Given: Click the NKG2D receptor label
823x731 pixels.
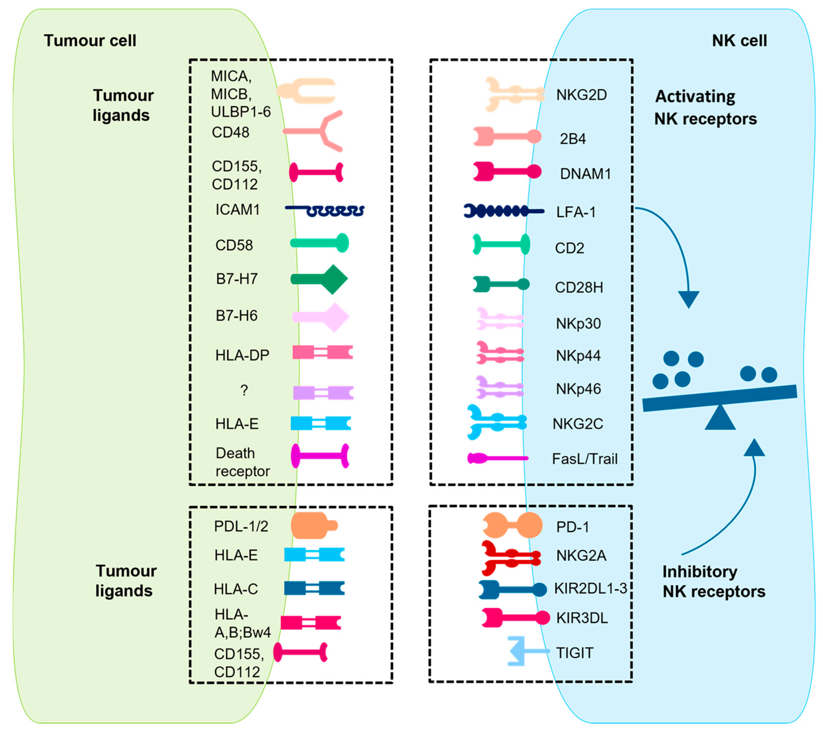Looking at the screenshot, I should tap(581, 95).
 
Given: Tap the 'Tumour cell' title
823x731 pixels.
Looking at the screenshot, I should tap(90, 41).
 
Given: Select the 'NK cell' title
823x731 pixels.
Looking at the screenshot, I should tap(739, 41).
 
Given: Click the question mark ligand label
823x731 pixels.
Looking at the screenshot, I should tap(244, 390).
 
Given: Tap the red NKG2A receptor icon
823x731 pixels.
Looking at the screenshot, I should tap(511, 558).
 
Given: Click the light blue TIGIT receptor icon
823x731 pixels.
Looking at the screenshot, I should tap(523, 651).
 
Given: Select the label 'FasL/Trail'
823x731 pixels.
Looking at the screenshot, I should tap(585, 459).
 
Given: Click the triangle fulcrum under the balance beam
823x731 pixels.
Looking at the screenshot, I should tap(720, 418).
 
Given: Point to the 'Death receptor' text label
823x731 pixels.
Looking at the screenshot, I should tap(242, 462).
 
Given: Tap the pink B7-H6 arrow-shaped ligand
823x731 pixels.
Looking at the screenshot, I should tap(321, 317).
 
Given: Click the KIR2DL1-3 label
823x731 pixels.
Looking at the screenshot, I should tap(590, 588).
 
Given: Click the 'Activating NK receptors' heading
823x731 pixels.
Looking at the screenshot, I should tap(705, 108).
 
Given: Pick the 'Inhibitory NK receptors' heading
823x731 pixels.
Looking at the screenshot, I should tap(713, 581).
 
